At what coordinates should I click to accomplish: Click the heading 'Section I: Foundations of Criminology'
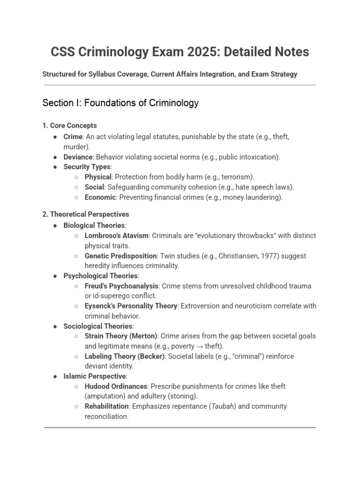(120, 103)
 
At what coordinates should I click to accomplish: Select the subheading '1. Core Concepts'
(69, 126)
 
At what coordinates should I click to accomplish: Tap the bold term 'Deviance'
(78, 157)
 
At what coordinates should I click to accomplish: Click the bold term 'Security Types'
(87, 167)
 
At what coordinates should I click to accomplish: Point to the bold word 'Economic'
(99, 197)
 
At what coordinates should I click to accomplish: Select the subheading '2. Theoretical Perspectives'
(85, 214)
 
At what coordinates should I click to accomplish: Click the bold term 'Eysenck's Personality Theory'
(131, 306)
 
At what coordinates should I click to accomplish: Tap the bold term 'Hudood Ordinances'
(116, 386)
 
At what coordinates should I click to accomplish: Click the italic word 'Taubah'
(221, 406)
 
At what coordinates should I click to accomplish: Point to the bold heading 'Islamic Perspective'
(94, 376)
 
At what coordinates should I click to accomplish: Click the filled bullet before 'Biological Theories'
(55, 226)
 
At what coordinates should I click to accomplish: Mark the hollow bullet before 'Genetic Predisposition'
(76, 256)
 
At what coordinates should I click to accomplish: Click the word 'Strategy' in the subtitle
(283, 74)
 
